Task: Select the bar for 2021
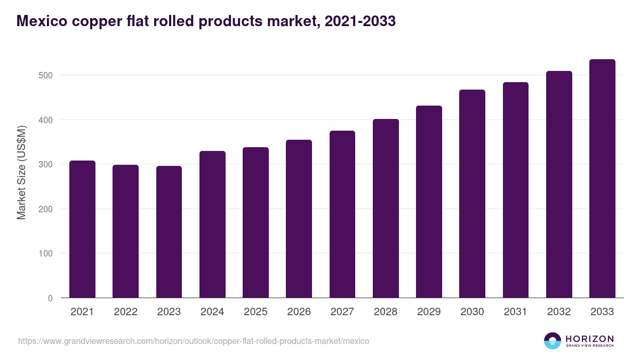[82, 229]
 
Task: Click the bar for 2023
[169, 232]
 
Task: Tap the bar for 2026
[299, 219]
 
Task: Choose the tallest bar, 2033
[602, 179]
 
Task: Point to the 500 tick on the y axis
[46, 75]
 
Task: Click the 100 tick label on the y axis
[46, 253]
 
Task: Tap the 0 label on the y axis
[50, 298]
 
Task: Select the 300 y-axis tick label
[46, 164]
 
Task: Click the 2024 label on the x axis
[212, 312]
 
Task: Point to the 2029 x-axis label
[429, 312]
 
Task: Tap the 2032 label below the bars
[559, 312]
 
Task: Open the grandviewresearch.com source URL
[194, 341]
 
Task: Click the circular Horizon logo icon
[553, 341]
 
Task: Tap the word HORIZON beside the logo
[589, 339]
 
